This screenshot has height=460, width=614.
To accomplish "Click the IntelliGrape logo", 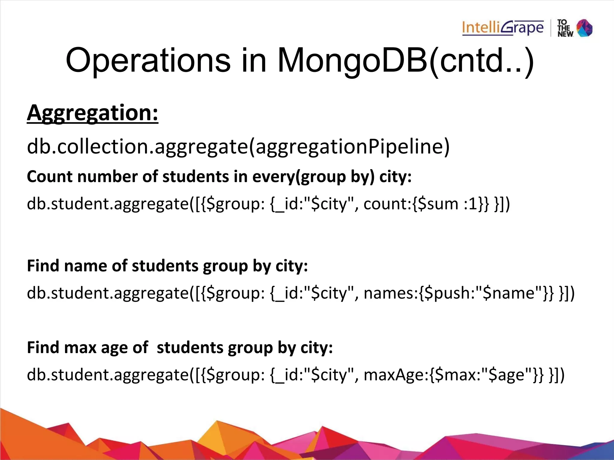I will click(503, 28).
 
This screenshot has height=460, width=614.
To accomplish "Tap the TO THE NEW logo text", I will click(565, 28).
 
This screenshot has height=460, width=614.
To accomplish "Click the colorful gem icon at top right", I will click(585, 28).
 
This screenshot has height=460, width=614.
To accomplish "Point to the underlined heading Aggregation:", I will click(92, 113).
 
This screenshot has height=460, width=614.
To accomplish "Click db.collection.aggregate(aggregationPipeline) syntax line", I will click(238, 147).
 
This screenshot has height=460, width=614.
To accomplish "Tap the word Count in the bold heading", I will click(49, 177).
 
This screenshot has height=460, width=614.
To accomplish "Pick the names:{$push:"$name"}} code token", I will click(459, 293).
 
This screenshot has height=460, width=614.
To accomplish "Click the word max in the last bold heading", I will click(80, 348).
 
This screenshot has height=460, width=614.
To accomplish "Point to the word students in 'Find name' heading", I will click(165, 266).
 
